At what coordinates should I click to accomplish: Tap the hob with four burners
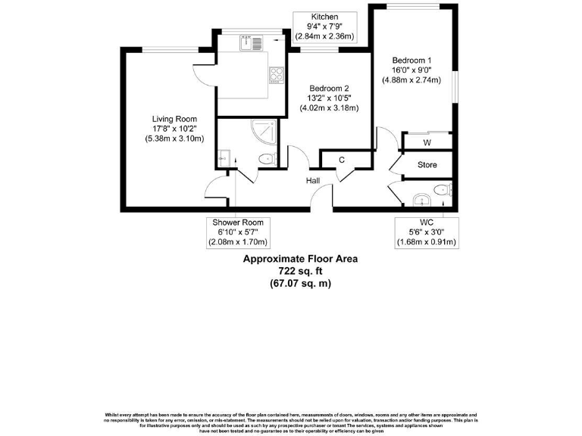[x=277, y=75]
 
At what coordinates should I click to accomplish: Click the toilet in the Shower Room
[x=265, y=159]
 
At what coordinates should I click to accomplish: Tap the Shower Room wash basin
[x=224, y=159]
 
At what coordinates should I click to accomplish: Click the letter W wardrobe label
[x=427, y=142]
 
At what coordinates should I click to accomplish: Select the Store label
[x=427, y=164]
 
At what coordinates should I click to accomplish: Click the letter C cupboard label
[x=342, y=160]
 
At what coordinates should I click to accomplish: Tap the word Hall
[x=313, y=180]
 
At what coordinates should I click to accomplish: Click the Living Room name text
[x=174, y=119]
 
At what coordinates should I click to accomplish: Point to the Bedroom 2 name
[x=329, y=88]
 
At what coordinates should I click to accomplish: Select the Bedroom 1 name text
[x=411, y=60]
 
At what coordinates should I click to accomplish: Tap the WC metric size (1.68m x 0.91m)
[x=426, y=242]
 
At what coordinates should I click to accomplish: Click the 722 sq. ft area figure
[x=300, y=271]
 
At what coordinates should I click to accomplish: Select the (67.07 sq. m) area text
[x=300, y=284]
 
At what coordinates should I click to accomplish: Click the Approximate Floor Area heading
[x=300, y=258]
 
